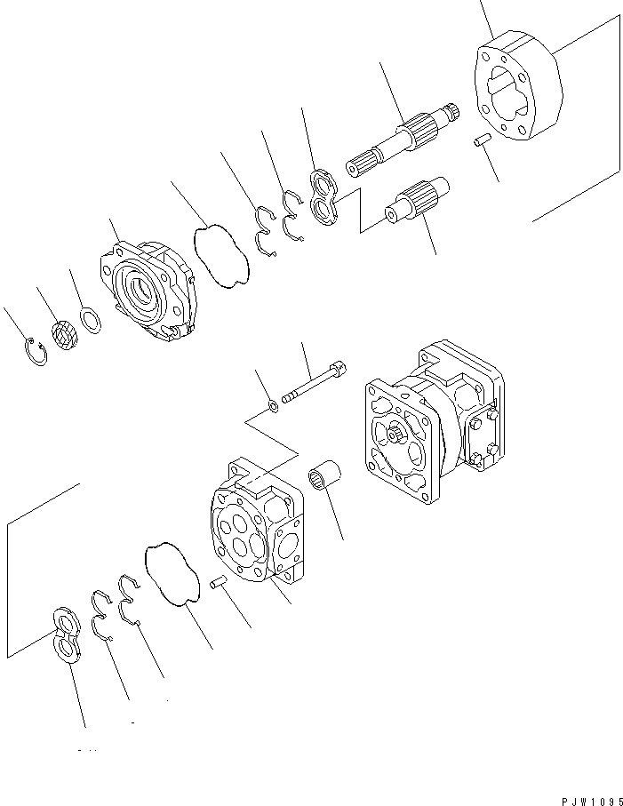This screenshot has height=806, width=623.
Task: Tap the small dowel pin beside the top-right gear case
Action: point(483,140)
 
